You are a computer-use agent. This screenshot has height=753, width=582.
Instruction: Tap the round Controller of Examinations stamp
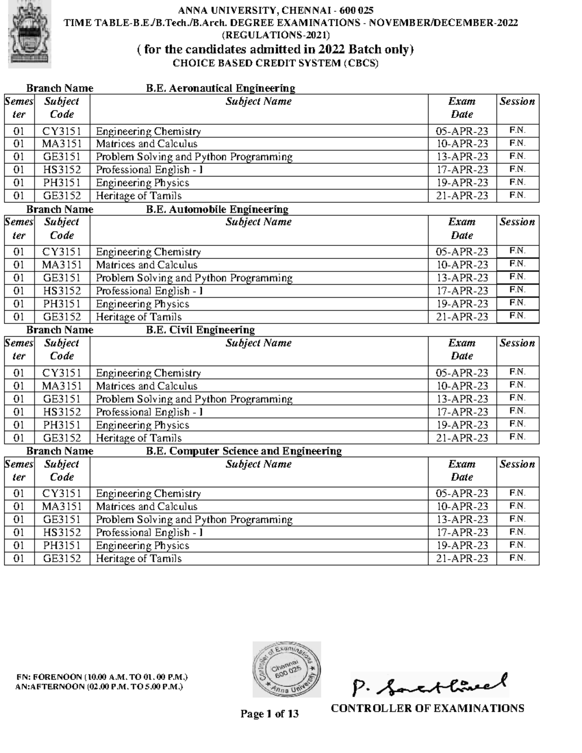pyautogui.click(x=287, y=670)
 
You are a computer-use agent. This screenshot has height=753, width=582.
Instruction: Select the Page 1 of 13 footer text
pyautogui.click(x=270, y=714)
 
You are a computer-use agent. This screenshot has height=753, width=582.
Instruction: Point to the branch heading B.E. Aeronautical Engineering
pyautogui.click(x=221, y=88)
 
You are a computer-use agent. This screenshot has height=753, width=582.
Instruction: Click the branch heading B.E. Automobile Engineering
pyautogui.click(x=217, y=209)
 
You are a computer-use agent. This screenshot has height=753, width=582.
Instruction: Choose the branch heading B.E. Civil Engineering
pyautogui.click(x=200, y=330)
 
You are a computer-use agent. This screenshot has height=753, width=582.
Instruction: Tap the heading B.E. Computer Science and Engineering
pyautogui.click(x=244, y=451)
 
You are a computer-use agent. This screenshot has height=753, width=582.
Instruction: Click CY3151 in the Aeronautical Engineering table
pyautogui.click(x=62, y=131)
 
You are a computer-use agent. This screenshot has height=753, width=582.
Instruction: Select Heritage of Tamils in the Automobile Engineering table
pyautogui.click(x=139, y=317)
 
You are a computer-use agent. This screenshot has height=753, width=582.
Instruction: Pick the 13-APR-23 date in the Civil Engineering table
pyautogui.click(x=462, y=399)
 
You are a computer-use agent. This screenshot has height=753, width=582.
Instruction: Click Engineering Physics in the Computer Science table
pyautogui.click(x=143, y=545)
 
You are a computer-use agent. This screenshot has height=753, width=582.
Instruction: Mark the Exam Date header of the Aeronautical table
pyautogui.click(x=462, y=108)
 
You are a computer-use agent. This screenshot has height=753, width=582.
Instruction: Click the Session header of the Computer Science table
pyautogui.click(x=517, y=464)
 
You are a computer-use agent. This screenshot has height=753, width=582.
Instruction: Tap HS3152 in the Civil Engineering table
pyautogui.click(x=62, y=412)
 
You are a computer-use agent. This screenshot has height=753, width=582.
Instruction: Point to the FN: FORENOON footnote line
pyautogui.click(x=102, y=677)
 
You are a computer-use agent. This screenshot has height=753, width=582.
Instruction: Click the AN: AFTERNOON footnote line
pyautogui.click(x=99, y=687)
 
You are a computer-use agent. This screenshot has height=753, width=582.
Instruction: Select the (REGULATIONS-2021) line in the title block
pyautogui.click(x=275, y=35)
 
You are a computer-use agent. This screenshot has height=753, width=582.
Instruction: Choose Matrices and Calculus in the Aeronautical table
pyautogui.click(x=146, y=144)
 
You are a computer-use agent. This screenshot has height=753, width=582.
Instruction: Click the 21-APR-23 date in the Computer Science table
pyautogui.click(x=462, y=559)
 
